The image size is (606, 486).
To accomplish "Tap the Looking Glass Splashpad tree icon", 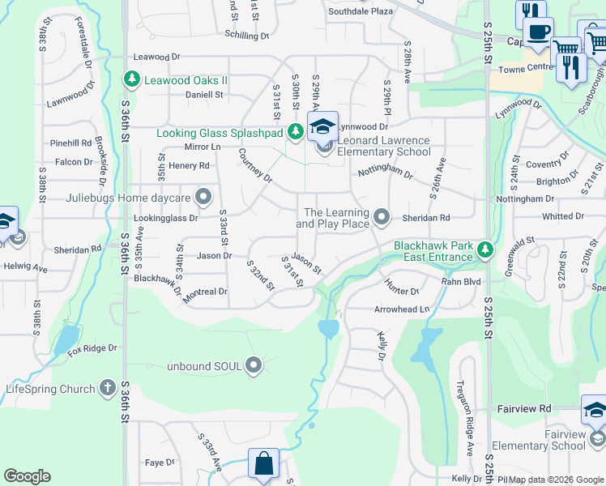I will [296, 132].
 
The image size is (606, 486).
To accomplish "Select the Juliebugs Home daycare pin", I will [203, 197].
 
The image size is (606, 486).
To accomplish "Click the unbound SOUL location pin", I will [254, 366].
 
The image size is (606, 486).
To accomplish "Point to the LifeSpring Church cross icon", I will [107, 389].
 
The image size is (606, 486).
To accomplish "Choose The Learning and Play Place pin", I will [382, 217].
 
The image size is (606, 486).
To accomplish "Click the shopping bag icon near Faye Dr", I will [263, 465].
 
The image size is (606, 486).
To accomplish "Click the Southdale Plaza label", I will [361, 11].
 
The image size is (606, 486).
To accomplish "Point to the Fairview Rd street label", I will [523, 409].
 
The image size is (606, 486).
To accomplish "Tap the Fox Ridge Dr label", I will [92, 348].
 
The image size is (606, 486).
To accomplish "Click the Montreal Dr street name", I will [205, 292].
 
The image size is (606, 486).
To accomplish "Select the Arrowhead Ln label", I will [401, 309].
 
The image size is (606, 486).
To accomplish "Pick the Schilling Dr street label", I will [246, 36].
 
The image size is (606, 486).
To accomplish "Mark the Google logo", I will [28, 476].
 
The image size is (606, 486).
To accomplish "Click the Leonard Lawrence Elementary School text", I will [383, 146].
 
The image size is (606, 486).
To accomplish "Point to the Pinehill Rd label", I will [70, 143].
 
